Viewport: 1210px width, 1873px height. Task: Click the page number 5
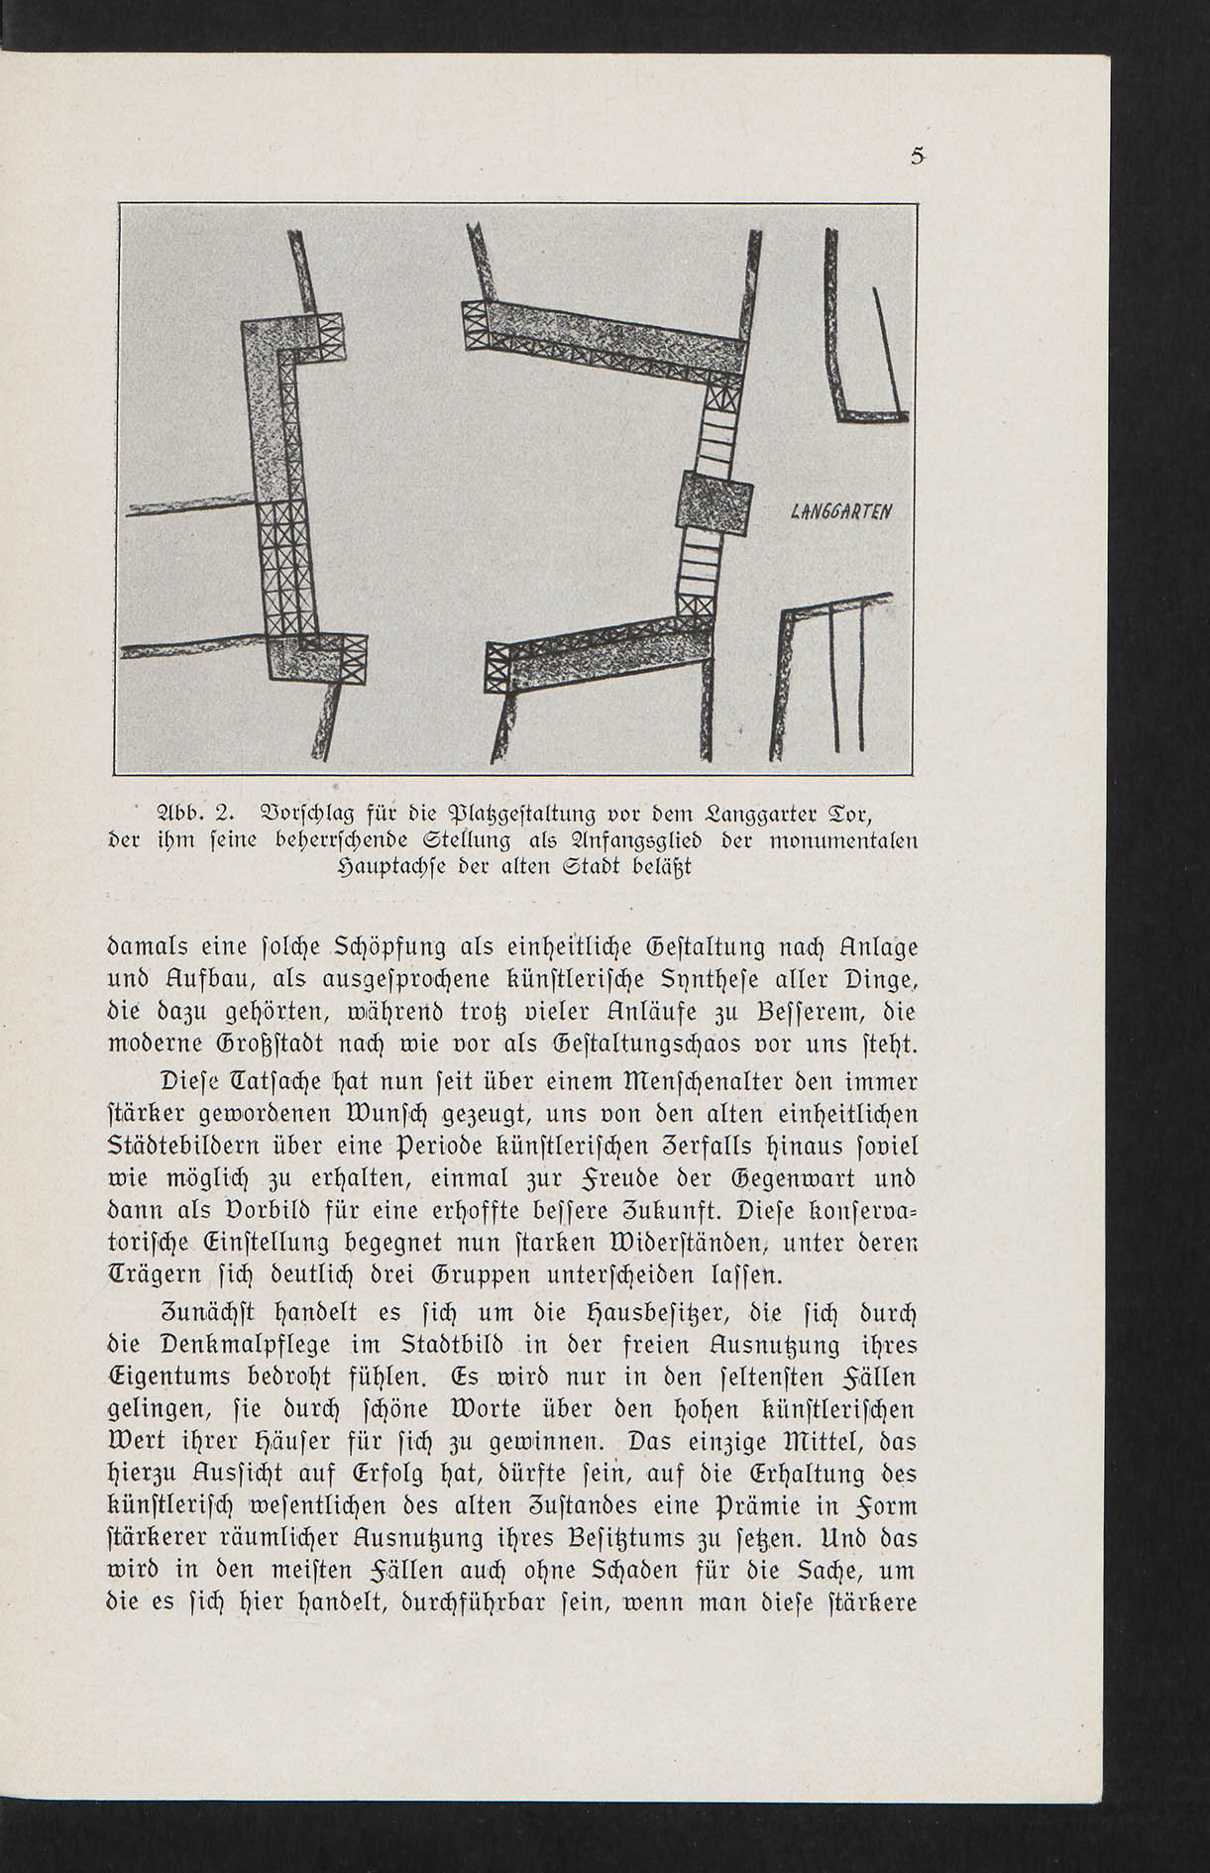(x=918, y=156)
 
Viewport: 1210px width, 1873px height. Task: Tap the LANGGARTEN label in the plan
(x=841, y=512)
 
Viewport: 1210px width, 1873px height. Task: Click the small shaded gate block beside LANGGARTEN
(x=715, y=503)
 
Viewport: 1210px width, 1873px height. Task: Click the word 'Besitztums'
(x=625, y=1539)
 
